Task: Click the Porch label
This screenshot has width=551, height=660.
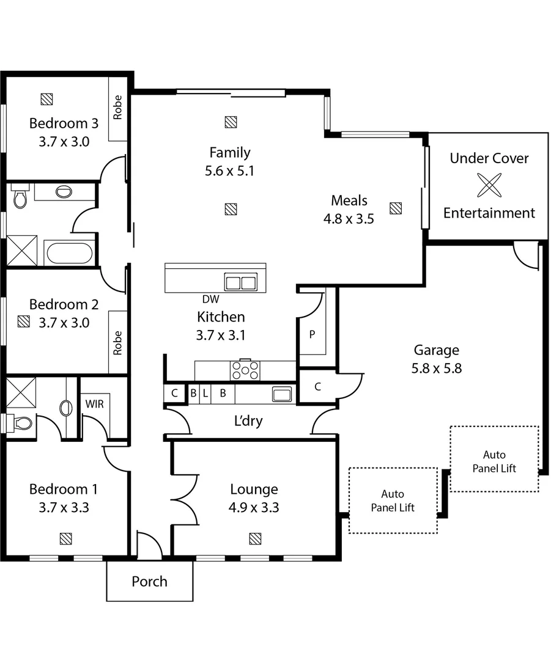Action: tap(149, 581)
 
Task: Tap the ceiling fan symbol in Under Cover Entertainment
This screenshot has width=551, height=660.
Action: tap(489, 185)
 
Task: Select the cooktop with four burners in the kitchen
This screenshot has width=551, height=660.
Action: tap(245, 370)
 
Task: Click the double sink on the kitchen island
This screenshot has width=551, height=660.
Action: tap(241, 283)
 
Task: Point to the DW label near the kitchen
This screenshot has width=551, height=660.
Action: tap(210, 299)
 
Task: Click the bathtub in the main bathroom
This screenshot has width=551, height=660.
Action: tap(70, 252)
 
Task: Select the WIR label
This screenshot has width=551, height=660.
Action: tap(94, 404)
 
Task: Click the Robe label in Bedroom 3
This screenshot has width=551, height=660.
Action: tap(117, 108)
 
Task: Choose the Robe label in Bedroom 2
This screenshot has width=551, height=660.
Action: tap(117, 343)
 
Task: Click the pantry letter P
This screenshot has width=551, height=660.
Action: tap(311, 334)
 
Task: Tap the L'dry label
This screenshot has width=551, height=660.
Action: tap(248, 421)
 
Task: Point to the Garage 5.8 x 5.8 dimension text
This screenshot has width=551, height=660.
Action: tap(436, 369)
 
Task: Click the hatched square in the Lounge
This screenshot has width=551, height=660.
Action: tap(255, 538)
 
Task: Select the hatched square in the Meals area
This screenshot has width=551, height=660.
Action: tap(396, 208)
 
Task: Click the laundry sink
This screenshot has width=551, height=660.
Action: tap(282, 394)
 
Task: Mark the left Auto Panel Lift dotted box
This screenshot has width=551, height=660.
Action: tap(393, 501)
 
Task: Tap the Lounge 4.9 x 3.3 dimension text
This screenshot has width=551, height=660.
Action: tap(254, 507)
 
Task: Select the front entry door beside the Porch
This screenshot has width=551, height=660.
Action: tap(149, 546)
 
